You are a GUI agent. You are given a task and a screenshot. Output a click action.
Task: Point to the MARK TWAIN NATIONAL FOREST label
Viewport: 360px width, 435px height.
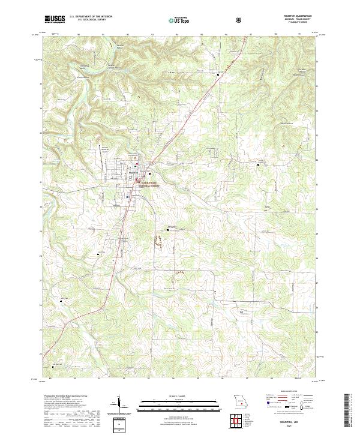[151, 185]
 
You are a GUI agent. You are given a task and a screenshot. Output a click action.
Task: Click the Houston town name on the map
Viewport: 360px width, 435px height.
[134, 173]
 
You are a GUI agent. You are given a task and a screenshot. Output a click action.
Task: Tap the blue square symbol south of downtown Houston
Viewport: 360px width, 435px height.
[128, 197]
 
